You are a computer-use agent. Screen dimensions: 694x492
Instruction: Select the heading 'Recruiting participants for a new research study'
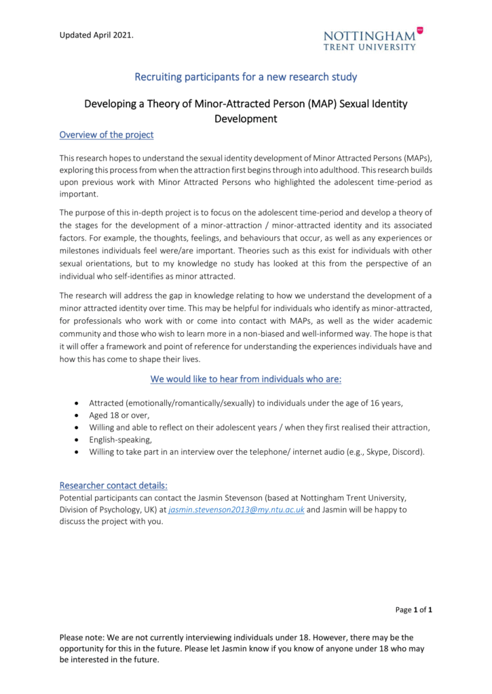click(246, 76)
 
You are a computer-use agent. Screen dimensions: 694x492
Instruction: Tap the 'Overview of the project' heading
click(107, 134)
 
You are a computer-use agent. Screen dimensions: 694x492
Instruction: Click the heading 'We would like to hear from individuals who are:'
click(246, 377)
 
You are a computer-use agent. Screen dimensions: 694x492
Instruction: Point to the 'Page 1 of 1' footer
click(414, 610)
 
